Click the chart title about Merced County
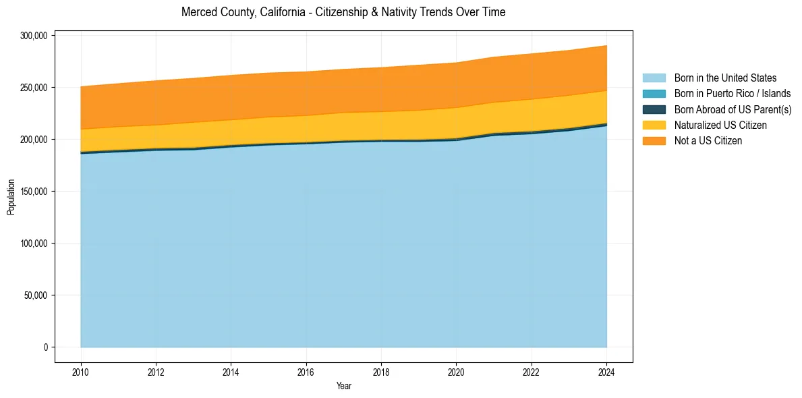point(343,12)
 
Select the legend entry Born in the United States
point(725,78)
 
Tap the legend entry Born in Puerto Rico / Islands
point(733,94)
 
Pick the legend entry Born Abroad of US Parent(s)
point(733,109)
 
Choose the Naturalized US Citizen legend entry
point(720,125)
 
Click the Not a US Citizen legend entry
point(708,140)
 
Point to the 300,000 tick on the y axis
point(34,36)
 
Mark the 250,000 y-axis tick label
point(34,88)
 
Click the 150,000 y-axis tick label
point(34,192)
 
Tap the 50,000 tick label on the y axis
point(36,295)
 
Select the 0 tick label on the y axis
point(47,347)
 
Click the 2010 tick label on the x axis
point(81,372)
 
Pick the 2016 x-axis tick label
point(306,372)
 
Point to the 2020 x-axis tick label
point(457,372)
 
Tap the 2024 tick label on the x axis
point(607,372)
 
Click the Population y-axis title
point(11,197)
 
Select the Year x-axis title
point(344,386)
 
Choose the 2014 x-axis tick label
point(231,372)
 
